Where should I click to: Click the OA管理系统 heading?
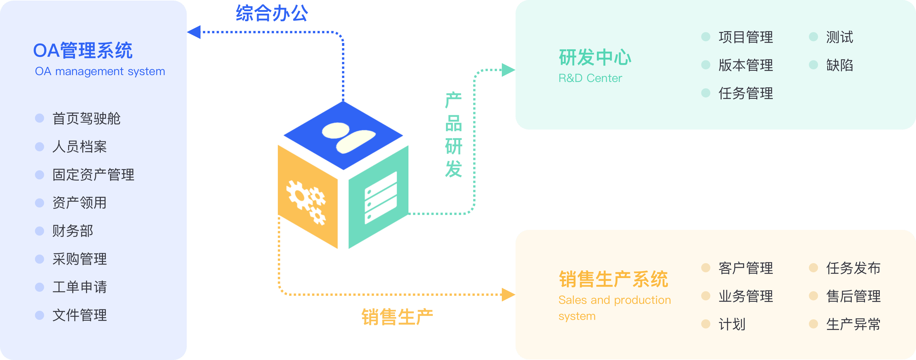[82, 50]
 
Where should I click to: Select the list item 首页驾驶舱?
[87, 118]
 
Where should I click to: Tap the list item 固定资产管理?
[93, 175]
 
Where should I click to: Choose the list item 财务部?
[72, 231]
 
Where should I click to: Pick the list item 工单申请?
[79, 287]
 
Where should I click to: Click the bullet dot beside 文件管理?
[40, 315]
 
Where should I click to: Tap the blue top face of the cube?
[343, 135]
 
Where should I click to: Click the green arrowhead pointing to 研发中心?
[508, 70]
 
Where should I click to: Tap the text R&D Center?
[590, 78]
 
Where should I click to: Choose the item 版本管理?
[745, 65]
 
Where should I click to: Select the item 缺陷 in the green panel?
[839, 65]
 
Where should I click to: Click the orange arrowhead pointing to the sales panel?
[508, 295]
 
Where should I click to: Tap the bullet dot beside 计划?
[705, 324]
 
